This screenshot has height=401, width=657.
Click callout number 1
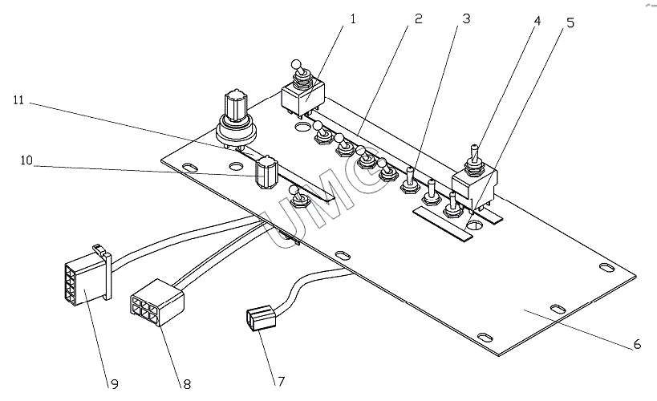(353, 19)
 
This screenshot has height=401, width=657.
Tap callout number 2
(418, 19)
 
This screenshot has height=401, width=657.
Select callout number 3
(466, 19)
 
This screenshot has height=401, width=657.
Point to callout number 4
(537, 21)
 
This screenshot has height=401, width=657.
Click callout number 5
(570, 23)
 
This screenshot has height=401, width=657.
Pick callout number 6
(637, 344)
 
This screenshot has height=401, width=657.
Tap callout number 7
(281, 381)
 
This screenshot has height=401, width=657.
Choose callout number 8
(187, 384)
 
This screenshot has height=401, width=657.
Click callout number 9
(115, 384)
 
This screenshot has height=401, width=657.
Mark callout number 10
(26, 160)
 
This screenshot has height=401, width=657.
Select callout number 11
(18, 100)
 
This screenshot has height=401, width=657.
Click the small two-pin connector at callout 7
(261, 318)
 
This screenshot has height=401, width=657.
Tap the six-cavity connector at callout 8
(156, 302)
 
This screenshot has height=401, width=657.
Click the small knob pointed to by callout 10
(266, 172)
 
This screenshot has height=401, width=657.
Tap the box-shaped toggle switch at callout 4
(474, 180)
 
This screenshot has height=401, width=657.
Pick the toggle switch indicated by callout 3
(410, 180)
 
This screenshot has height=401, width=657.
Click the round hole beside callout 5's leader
(474, 225)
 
